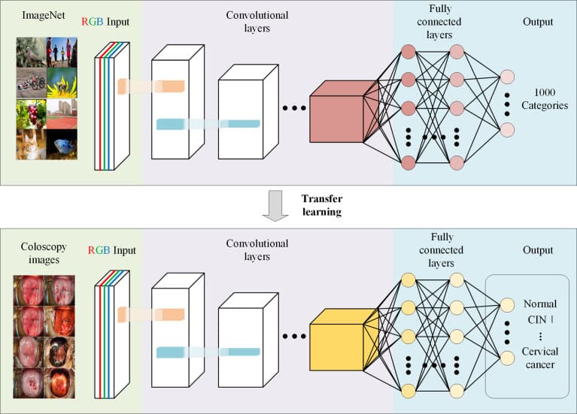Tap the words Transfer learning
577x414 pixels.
322,205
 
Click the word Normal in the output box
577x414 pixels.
539,304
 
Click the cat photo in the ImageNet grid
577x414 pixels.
30,144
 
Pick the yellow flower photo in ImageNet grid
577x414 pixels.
61,84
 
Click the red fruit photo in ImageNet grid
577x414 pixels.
30,113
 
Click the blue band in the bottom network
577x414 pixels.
208,351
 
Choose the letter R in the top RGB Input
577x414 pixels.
84,22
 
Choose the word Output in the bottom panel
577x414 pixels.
537,249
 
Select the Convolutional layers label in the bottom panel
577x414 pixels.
257,249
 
